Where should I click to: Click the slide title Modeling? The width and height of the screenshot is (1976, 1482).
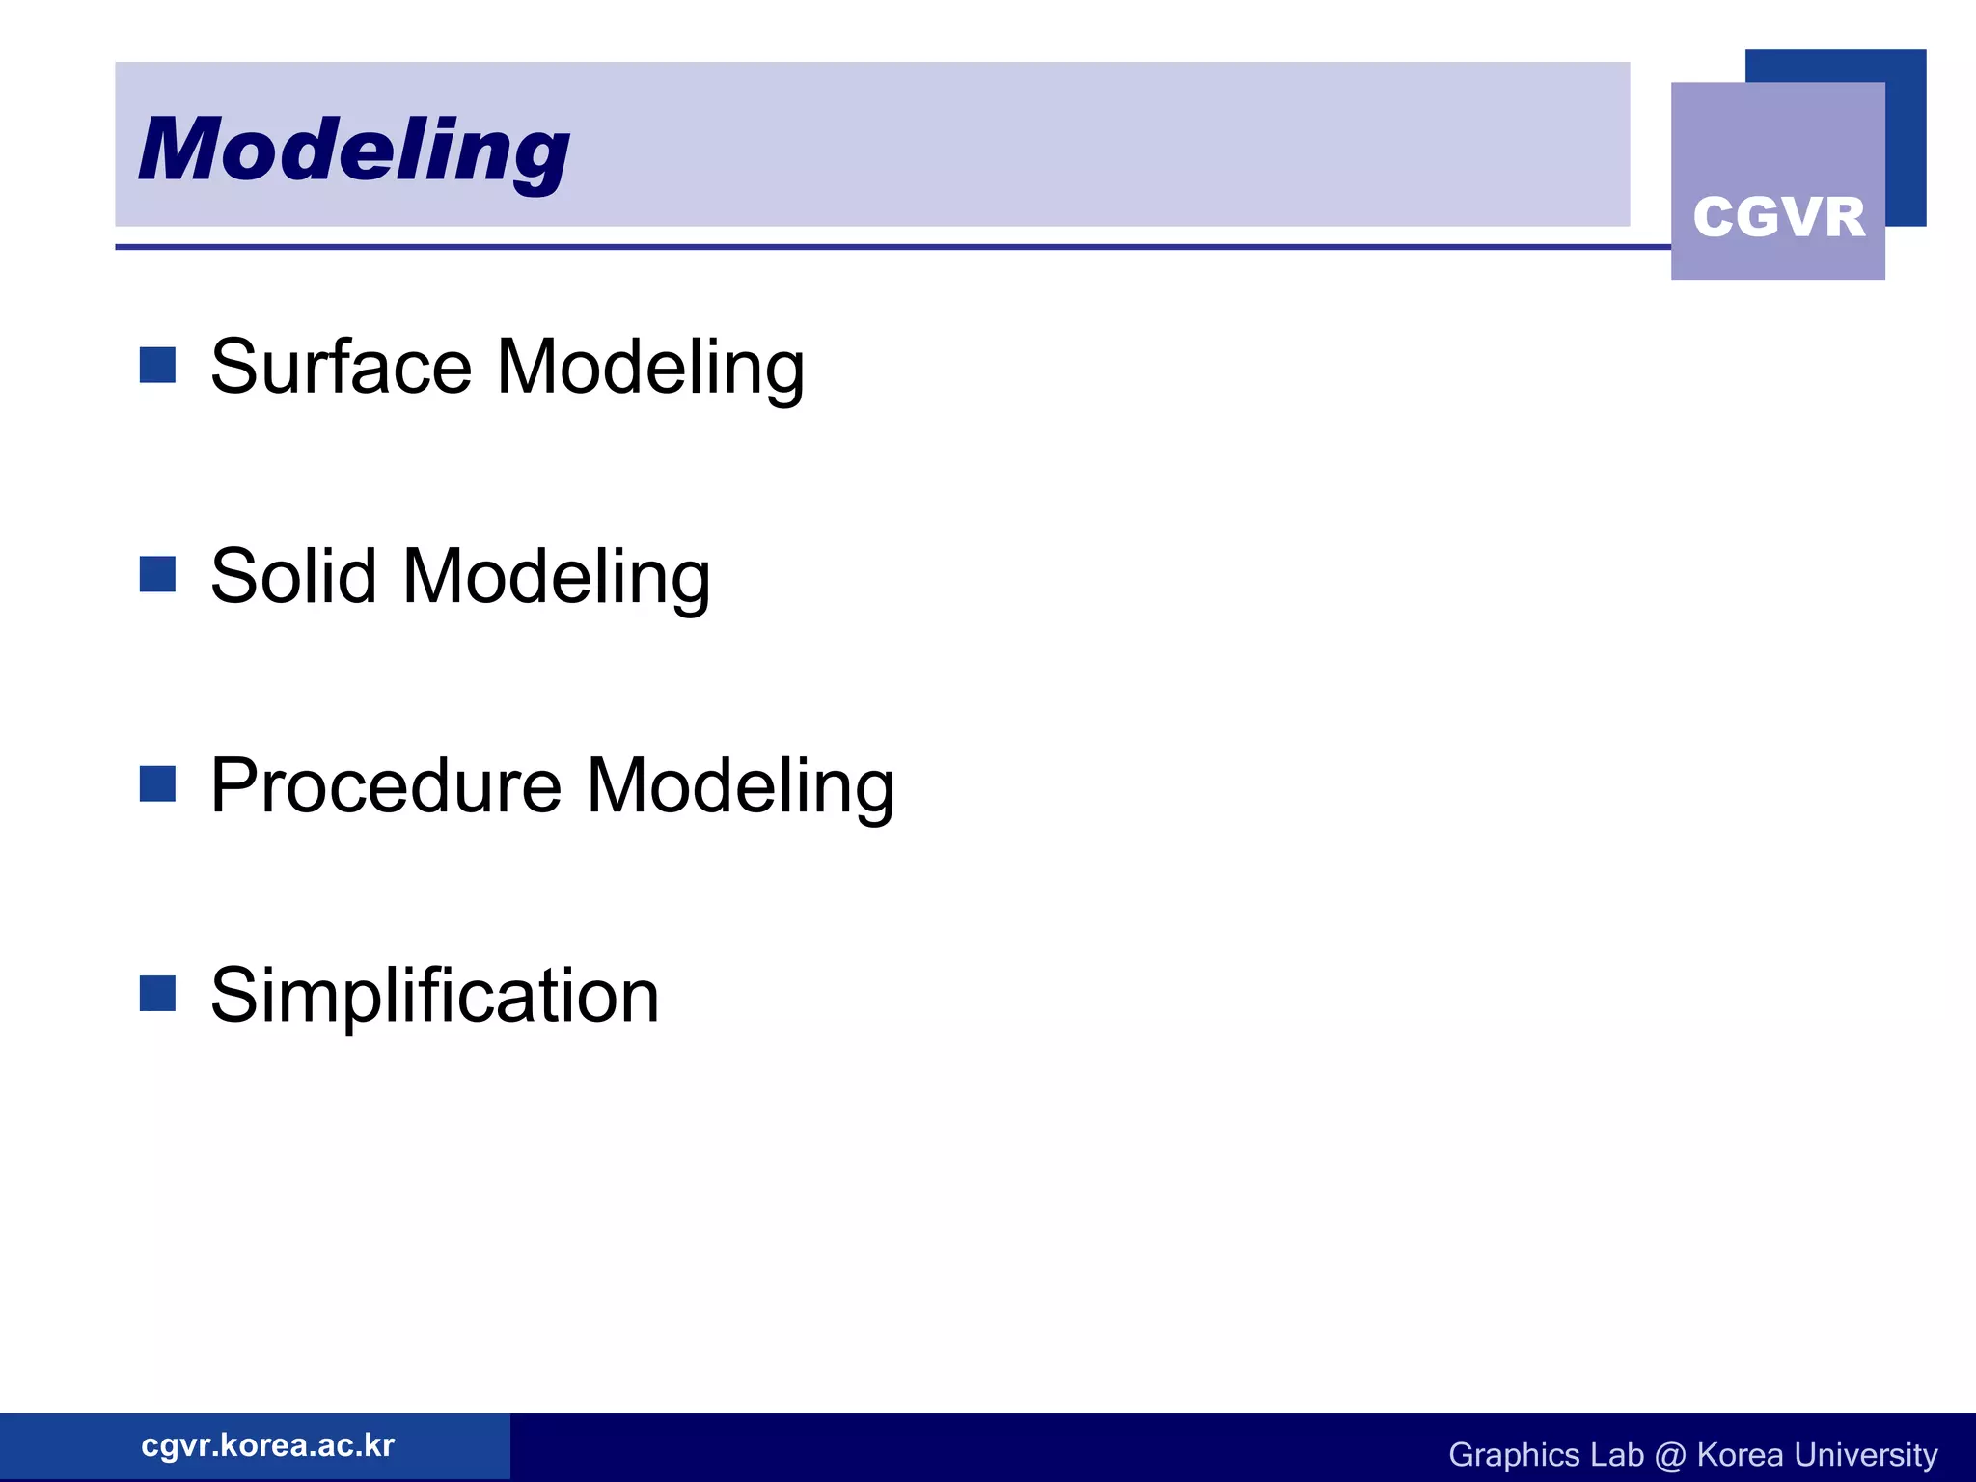pyautogui.click(x=353, y=150)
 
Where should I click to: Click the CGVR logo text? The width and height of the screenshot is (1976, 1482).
pyautogui.click(x=1778, y=217)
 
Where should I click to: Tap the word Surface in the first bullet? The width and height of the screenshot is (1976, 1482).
pyautogui.click(x=341, y=367)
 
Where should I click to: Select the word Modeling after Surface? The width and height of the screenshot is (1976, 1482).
pyautogui.click(x=650, y=369)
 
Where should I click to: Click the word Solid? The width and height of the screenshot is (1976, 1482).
pyautogui.click(x=292, y=576)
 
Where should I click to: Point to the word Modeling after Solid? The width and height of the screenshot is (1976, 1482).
pyautogui.click(x=557, y=578)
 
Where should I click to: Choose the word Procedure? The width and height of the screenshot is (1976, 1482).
pyautogui.click(x=385, y=785)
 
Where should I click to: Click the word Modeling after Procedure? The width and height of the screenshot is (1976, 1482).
pyautogui.click(x=741, y=787)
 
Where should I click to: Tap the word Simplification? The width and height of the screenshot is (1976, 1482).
pyautogui.click(x=434, y=996)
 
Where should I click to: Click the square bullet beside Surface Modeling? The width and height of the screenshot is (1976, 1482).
pyautogui.click(x=157, y=366)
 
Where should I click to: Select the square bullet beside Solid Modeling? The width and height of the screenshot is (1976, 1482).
pyautogui.click(x=157, y=574)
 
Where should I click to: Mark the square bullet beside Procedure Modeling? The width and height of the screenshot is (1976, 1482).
pyautogui.click(x=157, y=783)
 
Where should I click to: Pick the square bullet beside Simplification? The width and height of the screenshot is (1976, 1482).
pyautogui.click(x=157, y=993)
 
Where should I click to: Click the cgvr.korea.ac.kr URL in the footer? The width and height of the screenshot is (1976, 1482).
pyautogui.click(x=267, y=1445)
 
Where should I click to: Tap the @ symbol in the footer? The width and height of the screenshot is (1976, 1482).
pyautogui.click(x=1669, y=1455)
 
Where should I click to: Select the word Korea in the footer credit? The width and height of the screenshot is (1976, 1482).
pyautogui.click(x=1739, y=1455)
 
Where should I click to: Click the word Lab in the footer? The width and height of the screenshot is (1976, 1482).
pyautogui.click(x=1616, y=1455)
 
